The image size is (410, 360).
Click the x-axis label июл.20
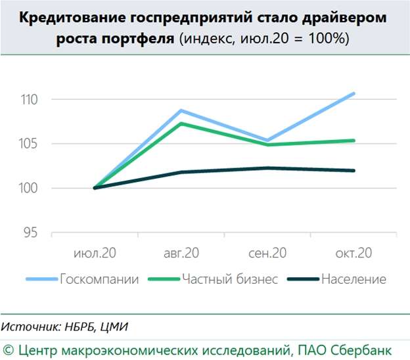95,253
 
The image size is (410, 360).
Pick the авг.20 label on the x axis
181,253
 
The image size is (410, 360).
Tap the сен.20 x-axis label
267,253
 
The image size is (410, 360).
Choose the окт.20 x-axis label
353,253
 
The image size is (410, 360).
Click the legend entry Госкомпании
99,279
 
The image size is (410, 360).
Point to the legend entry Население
353,279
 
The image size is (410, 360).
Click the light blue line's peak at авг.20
181,110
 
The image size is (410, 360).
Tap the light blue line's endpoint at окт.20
354,93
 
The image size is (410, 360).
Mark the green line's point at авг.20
181,124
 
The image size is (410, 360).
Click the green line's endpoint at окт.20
354,140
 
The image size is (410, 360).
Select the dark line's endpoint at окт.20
354,171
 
